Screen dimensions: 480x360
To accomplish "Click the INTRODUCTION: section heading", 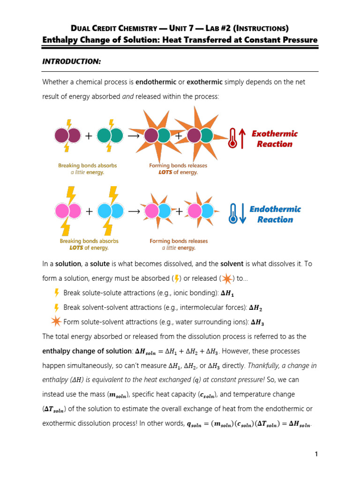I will point(71,61).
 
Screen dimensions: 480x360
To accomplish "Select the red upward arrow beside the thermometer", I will point(242,139).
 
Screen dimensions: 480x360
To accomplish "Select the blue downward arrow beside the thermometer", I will point(242,214).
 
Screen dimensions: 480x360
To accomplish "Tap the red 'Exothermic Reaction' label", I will point(274,139).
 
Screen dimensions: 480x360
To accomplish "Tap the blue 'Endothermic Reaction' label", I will point(275,214).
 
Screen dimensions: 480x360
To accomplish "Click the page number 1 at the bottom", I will point(317,454).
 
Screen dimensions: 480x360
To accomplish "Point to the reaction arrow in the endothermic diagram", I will point(134,211).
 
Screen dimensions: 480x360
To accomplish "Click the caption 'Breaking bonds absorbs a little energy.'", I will point(88,169).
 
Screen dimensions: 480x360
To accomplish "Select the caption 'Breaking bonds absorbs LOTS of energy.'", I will point(89,244).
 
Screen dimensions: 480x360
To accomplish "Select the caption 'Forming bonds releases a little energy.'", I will point(179,244).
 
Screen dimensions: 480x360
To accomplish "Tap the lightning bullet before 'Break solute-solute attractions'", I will point(57,293).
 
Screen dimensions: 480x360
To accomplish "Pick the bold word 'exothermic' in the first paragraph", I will point(204,82).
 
